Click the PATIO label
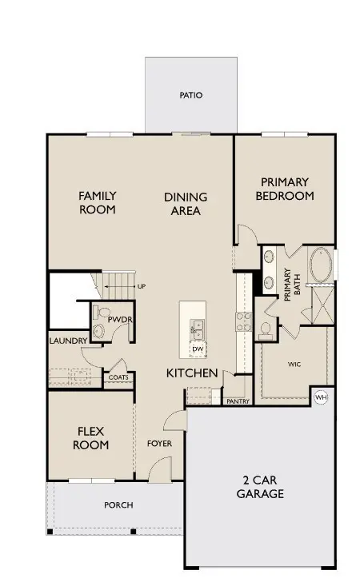tap(191, 95)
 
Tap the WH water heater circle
tap(321, 397)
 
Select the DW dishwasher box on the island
tap(198, 349)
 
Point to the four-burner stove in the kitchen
tap(244, 322)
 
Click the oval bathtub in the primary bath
tap(321, 265)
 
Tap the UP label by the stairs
tap(142, 286)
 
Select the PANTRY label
tap(238, 401)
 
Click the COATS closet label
tap(118, 377)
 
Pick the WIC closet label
tap(294, 365)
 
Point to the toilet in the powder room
tap(102, 312)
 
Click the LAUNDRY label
tap(68, 341)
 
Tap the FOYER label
tap(159, 444)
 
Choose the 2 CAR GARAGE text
tap(260, 487)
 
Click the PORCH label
tap(118, 505)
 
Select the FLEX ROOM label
tap(91, 438)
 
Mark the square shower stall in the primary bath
tap(323, 305)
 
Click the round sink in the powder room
tap(98, 331)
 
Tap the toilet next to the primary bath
tap(266, 331)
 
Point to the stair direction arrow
tap(120, 286)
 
